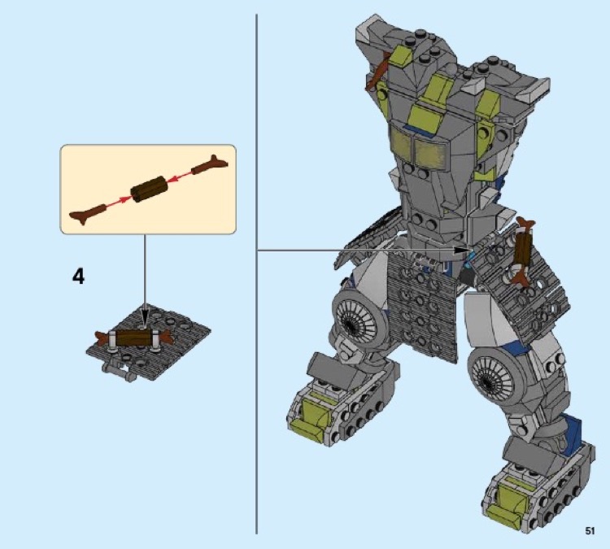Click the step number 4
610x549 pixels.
[78, 277]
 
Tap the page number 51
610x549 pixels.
[590, 531]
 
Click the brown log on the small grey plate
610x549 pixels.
[134, 338]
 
